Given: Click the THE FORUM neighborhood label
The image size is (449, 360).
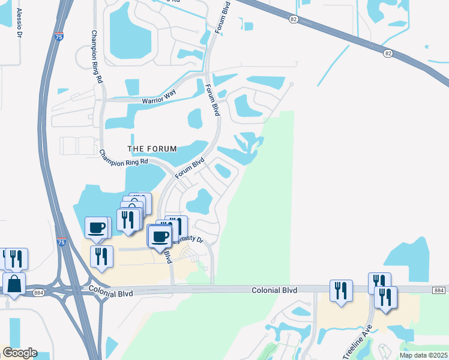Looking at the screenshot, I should pos(152,149).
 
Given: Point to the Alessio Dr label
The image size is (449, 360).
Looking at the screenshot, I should pos(19,23).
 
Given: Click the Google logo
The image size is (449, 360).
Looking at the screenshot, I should pos(19,353).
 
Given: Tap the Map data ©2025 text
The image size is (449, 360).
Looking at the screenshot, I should pos(423,355).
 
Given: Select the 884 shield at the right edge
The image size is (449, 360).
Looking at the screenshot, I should pos(438,290).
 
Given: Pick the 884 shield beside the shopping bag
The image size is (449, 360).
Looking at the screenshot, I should pos(39,292).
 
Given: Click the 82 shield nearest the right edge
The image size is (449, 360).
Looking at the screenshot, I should pos(388,54).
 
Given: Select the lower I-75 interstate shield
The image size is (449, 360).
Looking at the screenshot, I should pos(61,241).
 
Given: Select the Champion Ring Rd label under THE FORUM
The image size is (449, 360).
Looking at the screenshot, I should pos(124,159).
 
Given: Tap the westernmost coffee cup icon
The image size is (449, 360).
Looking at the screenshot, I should pos(97,227).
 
